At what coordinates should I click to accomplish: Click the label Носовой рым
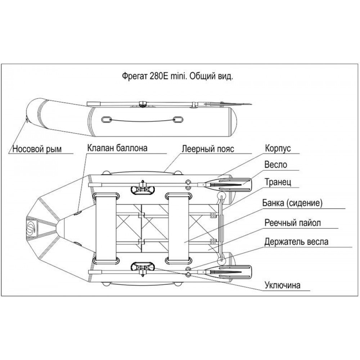[36, 149]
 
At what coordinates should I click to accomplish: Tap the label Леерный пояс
[203, 148]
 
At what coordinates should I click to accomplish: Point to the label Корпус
[278, 148]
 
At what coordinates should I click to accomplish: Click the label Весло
[275, 165]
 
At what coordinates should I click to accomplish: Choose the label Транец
[277, 182]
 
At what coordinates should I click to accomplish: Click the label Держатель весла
[296, 242]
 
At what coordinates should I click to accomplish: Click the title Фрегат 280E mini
[178, 77]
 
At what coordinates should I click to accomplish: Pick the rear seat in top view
[179, 227]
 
